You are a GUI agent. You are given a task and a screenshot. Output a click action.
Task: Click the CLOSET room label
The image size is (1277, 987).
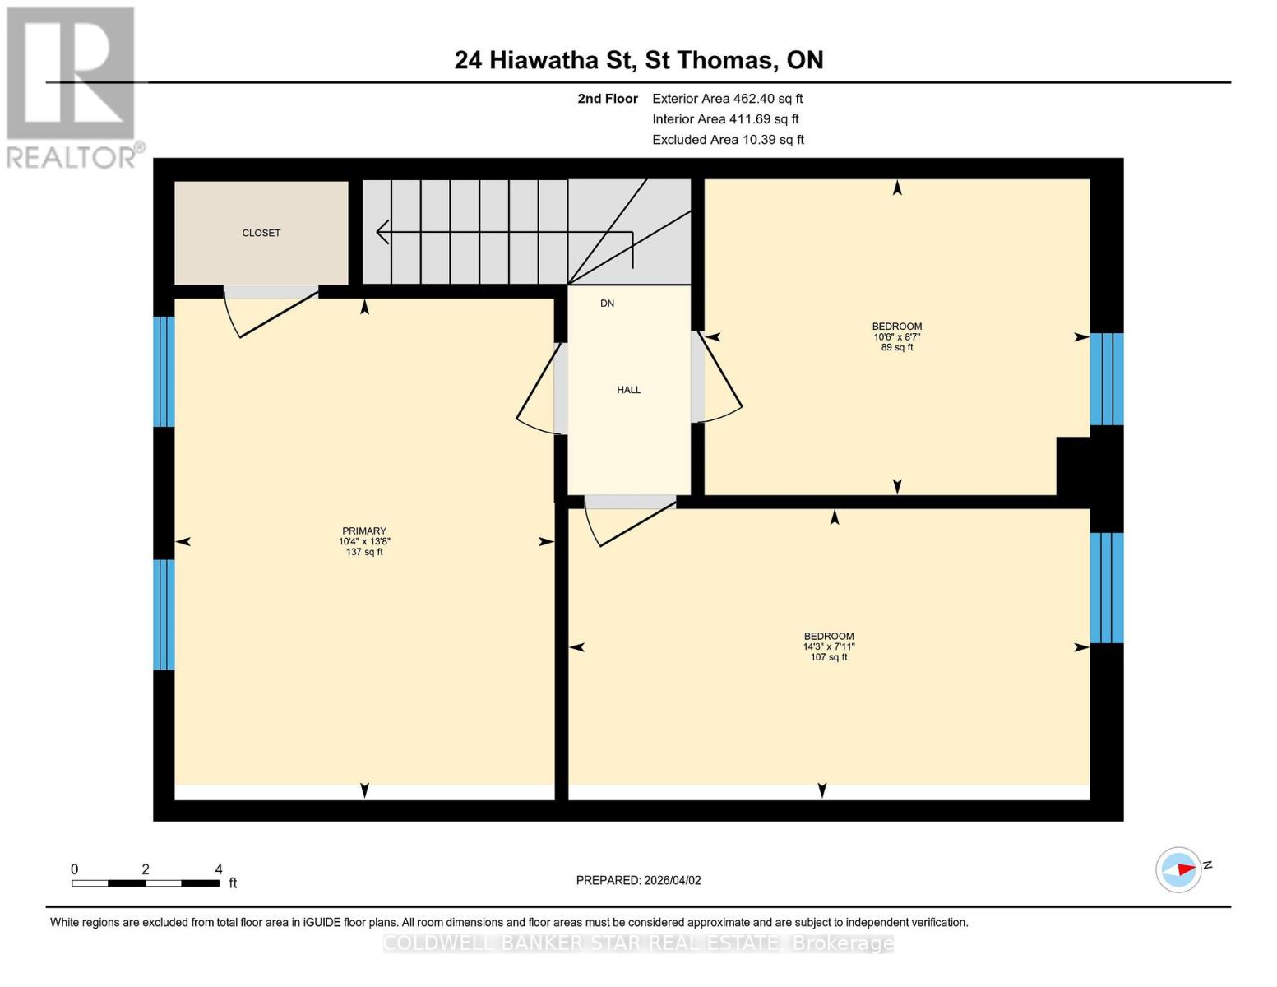[261, 233]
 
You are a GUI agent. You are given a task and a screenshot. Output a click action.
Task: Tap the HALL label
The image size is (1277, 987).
[628, 390]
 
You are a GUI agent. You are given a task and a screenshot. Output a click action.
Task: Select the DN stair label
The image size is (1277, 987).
[607, 304]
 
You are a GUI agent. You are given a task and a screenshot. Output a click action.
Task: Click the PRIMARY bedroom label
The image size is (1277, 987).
[364, 531]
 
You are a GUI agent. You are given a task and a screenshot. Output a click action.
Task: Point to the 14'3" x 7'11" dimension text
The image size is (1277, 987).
[828, 646]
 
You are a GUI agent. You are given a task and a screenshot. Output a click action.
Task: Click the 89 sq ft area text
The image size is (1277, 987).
[896, 347]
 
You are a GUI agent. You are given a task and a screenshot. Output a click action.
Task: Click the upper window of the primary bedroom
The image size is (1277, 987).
[164, 371]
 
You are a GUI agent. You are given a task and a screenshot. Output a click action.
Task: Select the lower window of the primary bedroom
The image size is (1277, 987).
[164, 614]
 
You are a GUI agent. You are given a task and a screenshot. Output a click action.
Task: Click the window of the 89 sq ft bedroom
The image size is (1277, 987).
[1106, 378]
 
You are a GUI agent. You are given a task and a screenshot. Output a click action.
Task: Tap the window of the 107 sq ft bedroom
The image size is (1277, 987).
[1106, 587]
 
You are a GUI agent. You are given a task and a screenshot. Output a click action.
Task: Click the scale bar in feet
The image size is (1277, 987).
[146, 883]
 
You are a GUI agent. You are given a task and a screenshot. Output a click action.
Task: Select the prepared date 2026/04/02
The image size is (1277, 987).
[638, 880]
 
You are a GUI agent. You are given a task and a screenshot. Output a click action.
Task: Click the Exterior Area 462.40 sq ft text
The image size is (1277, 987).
[727, 98]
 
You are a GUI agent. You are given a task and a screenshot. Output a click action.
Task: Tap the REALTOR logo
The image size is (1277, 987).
[72, 86]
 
